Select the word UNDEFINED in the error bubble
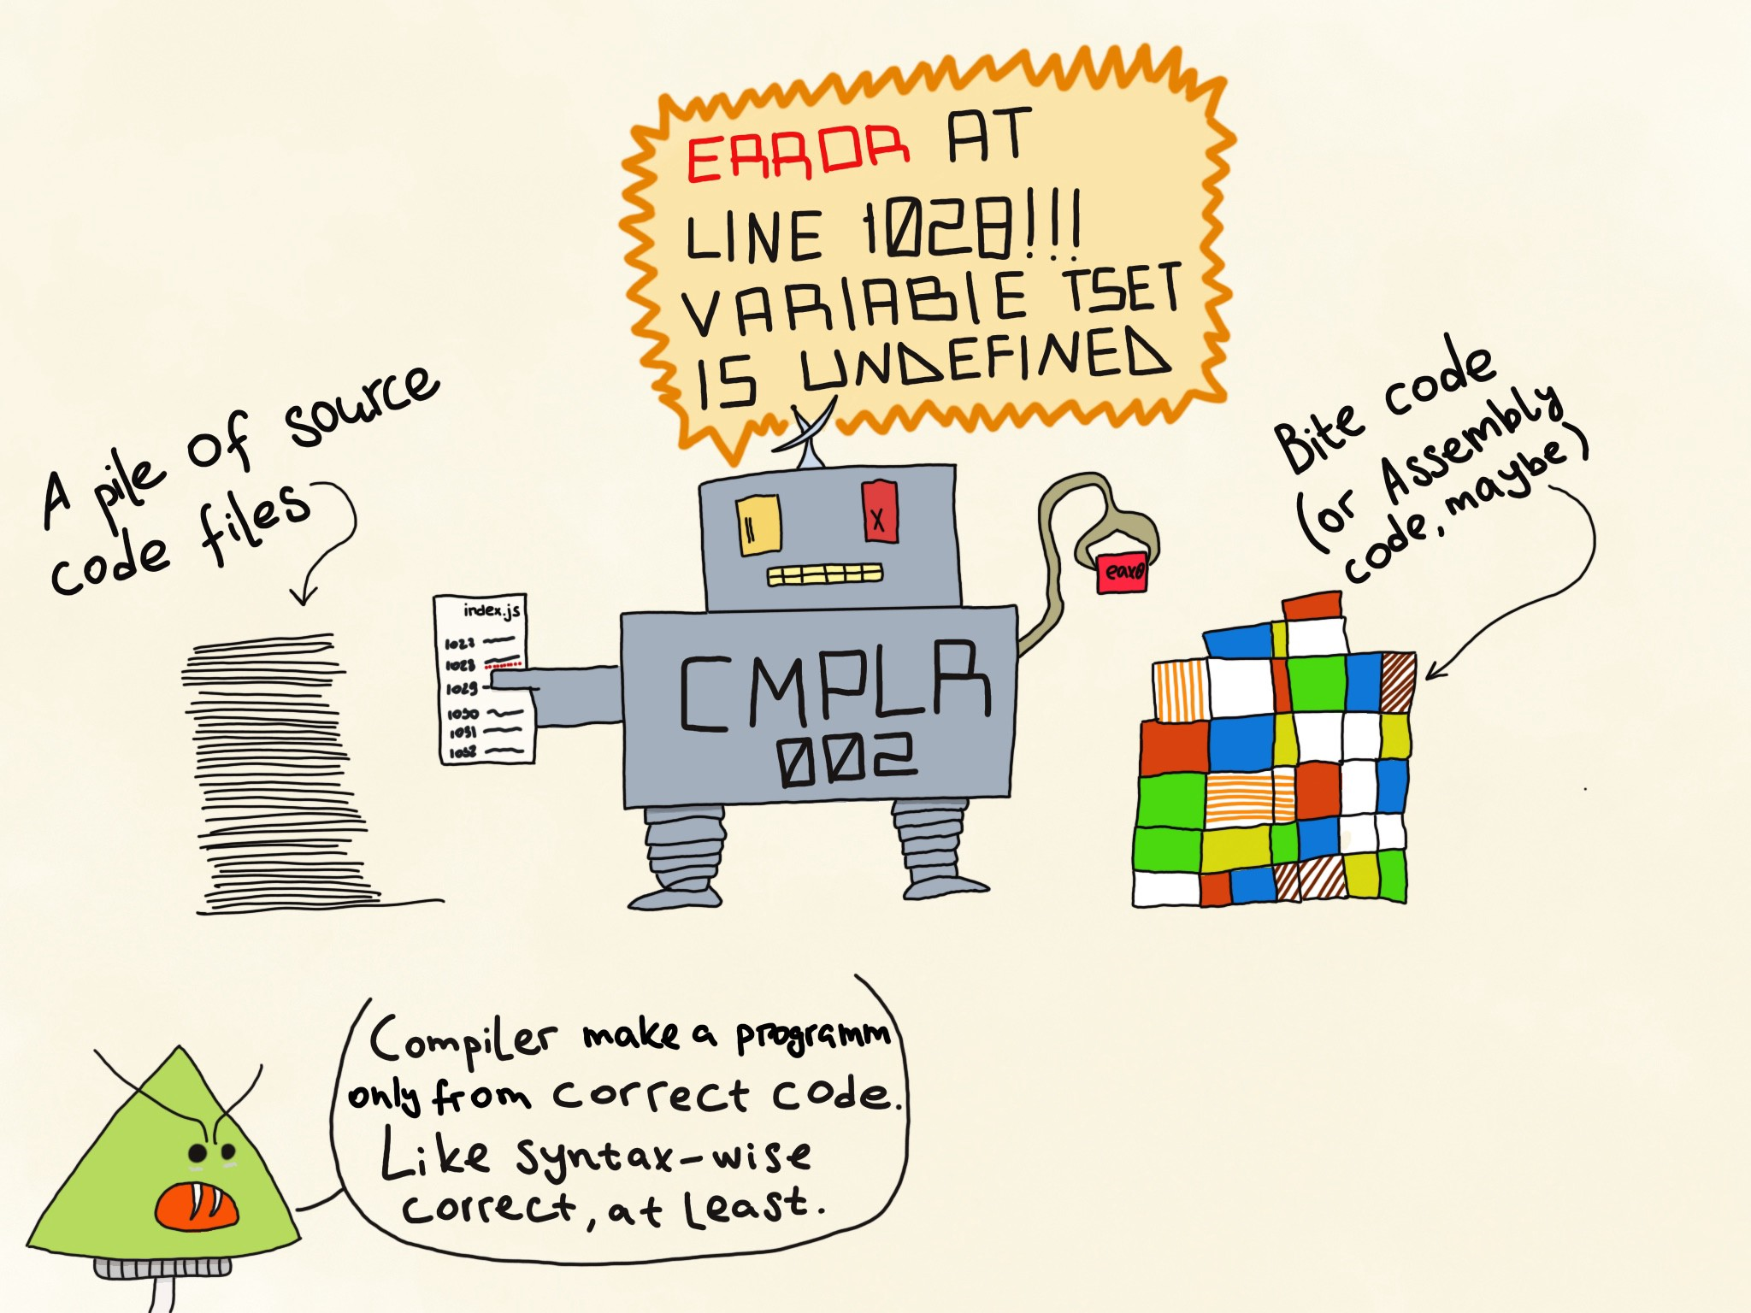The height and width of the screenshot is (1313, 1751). coord(983,363)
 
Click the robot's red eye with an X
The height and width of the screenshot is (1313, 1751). coord(879,512)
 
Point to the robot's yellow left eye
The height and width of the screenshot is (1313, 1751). coord(758,524)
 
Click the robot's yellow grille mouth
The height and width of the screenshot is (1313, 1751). coord(824,574)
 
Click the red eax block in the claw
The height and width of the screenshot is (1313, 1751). coord(1122,570)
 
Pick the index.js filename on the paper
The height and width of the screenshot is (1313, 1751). coord(492,610)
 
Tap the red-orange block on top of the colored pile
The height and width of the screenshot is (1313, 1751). coord(1312,606)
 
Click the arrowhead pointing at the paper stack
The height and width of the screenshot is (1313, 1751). coord(303,595)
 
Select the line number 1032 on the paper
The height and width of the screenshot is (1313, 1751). coord(462,752)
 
